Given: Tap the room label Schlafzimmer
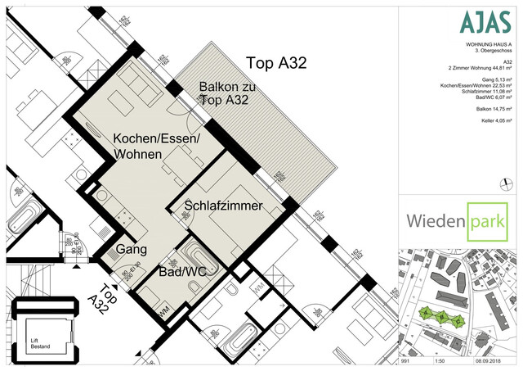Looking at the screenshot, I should point(223,206).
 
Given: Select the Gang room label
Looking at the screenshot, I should point(130,247).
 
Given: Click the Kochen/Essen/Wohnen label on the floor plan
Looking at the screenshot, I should point(156,146).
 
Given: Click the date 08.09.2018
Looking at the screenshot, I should point(499,360).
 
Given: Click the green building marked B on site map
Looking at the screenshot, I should point(442,316).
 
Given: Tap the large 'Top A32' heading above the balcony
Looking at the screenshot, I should point(277,63).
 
